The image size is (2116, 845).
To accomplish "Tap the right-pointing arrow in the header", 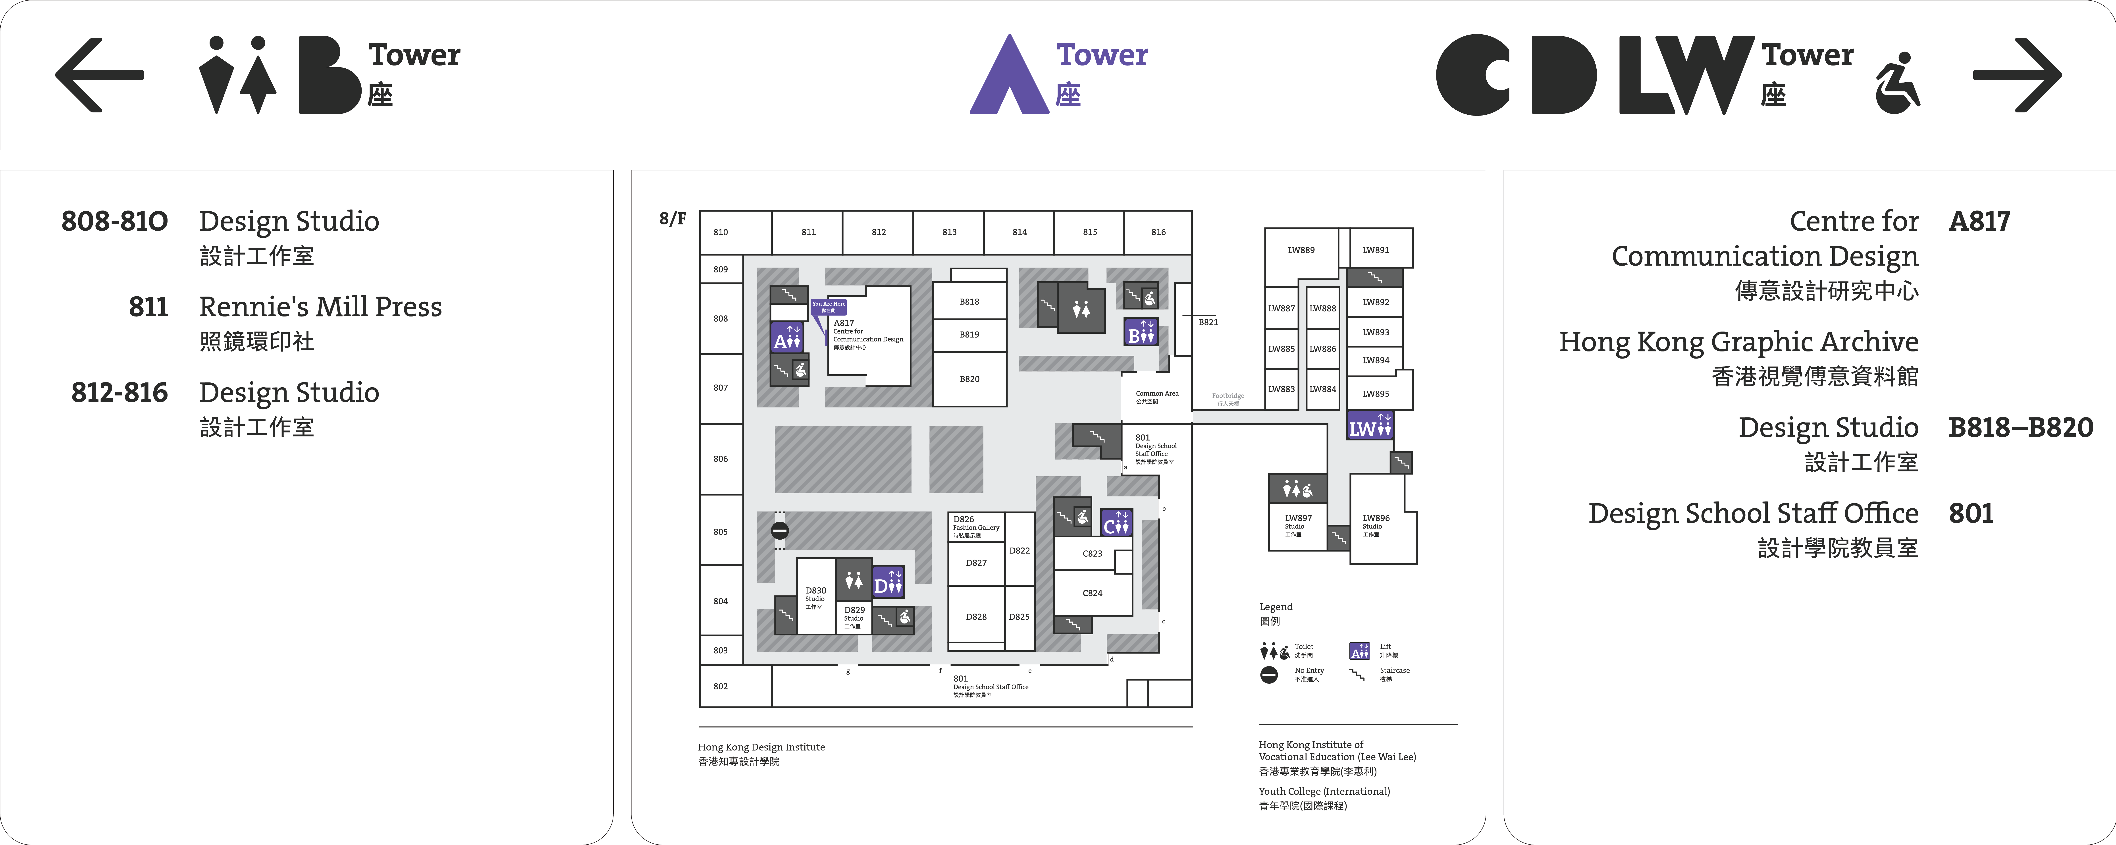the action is pos(2017,75).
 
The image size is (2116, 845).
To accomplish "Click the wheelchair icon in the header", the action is pos(1898,82).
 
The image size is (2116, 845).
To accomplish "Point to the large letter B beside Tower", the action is pos(329,75).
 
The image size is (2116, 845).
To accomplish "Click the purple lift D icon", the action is pos(888,582).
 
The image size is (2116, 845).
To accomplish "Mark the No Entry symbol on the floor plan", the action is pos(780,531).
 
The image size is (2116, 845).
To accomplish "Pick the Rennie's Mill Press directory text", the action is pos(320,307).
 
